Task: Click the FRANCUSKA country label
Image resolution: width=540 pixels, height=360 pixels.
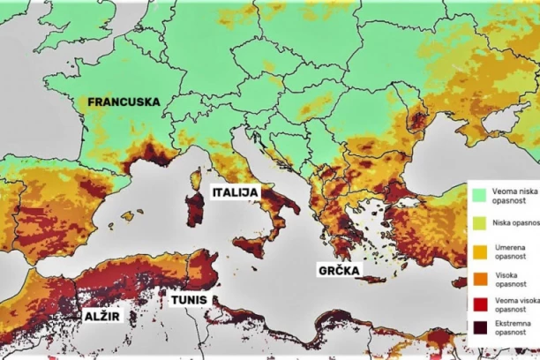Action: click(124, 102)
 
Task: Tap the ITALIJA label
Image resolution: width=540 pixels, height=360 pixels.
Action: click(235, 191)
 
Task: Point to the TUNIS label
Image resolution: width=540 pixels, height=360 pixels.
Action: click(190, 299)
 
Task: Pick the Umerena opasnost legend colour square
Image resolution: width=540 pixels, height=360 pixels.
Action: click(479, 251)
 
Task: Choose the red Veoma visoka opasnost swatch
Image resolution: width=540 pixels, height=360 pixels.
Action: click(479, 304)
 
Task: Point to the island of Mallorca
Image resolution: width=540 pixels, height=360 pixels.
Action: click(128, 214)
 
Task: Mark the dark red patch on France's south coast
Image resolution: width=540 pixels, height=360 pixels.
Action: click(148, 160)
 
